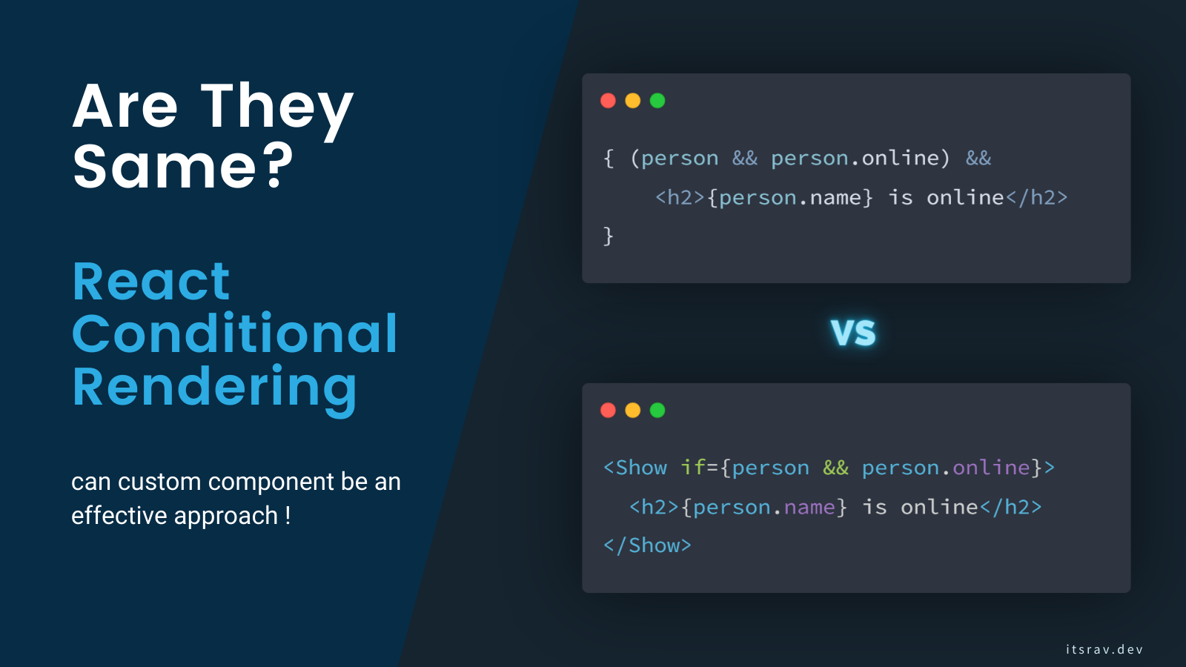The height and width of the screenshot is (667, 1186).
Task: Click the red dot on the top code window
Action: click(608, 101)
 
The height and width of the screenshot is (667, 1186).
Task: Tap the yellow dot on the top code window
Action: click(632, 101)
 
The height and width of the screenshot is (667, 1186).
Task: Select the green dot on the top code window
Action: click(657, 101)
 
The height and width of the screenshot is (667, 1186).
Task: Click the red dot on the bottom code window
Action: click(608, 411)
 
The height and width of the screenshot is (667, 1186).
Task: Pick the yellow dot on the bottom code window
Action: click(632, 411)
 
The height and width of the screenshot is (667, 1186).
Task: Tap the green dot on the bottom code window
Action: click(657, 411)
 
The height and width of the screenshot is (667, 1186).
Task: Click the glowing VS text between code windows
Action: click(853, 333)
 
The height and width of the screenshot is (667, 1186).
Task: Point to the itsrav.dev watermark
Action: click(1104, 649)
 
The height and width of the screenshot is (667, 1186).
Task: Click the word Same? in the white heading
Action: click(183, 167)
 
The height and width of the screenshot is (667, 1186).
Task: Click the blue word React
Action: click(151, 282)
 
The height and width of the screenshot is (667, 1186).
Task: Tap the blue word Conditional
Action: click(235, 333)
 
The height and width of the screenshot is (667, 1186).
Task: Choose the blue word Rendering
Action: click(214, 388)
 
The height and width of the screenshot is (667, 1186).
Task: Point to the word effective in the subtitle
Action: click(121, 516)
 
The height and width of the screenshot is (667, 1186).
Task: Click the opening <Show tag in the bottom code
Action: click(635, 468)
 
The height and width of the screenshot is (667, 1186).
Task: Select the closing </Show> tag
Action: click(647, 545)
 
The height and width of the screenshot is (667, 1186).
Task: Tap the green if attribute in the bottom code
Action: click(693, 467)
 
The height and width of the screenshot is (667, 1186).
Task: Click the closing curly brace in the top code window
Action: click(609, 236)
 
